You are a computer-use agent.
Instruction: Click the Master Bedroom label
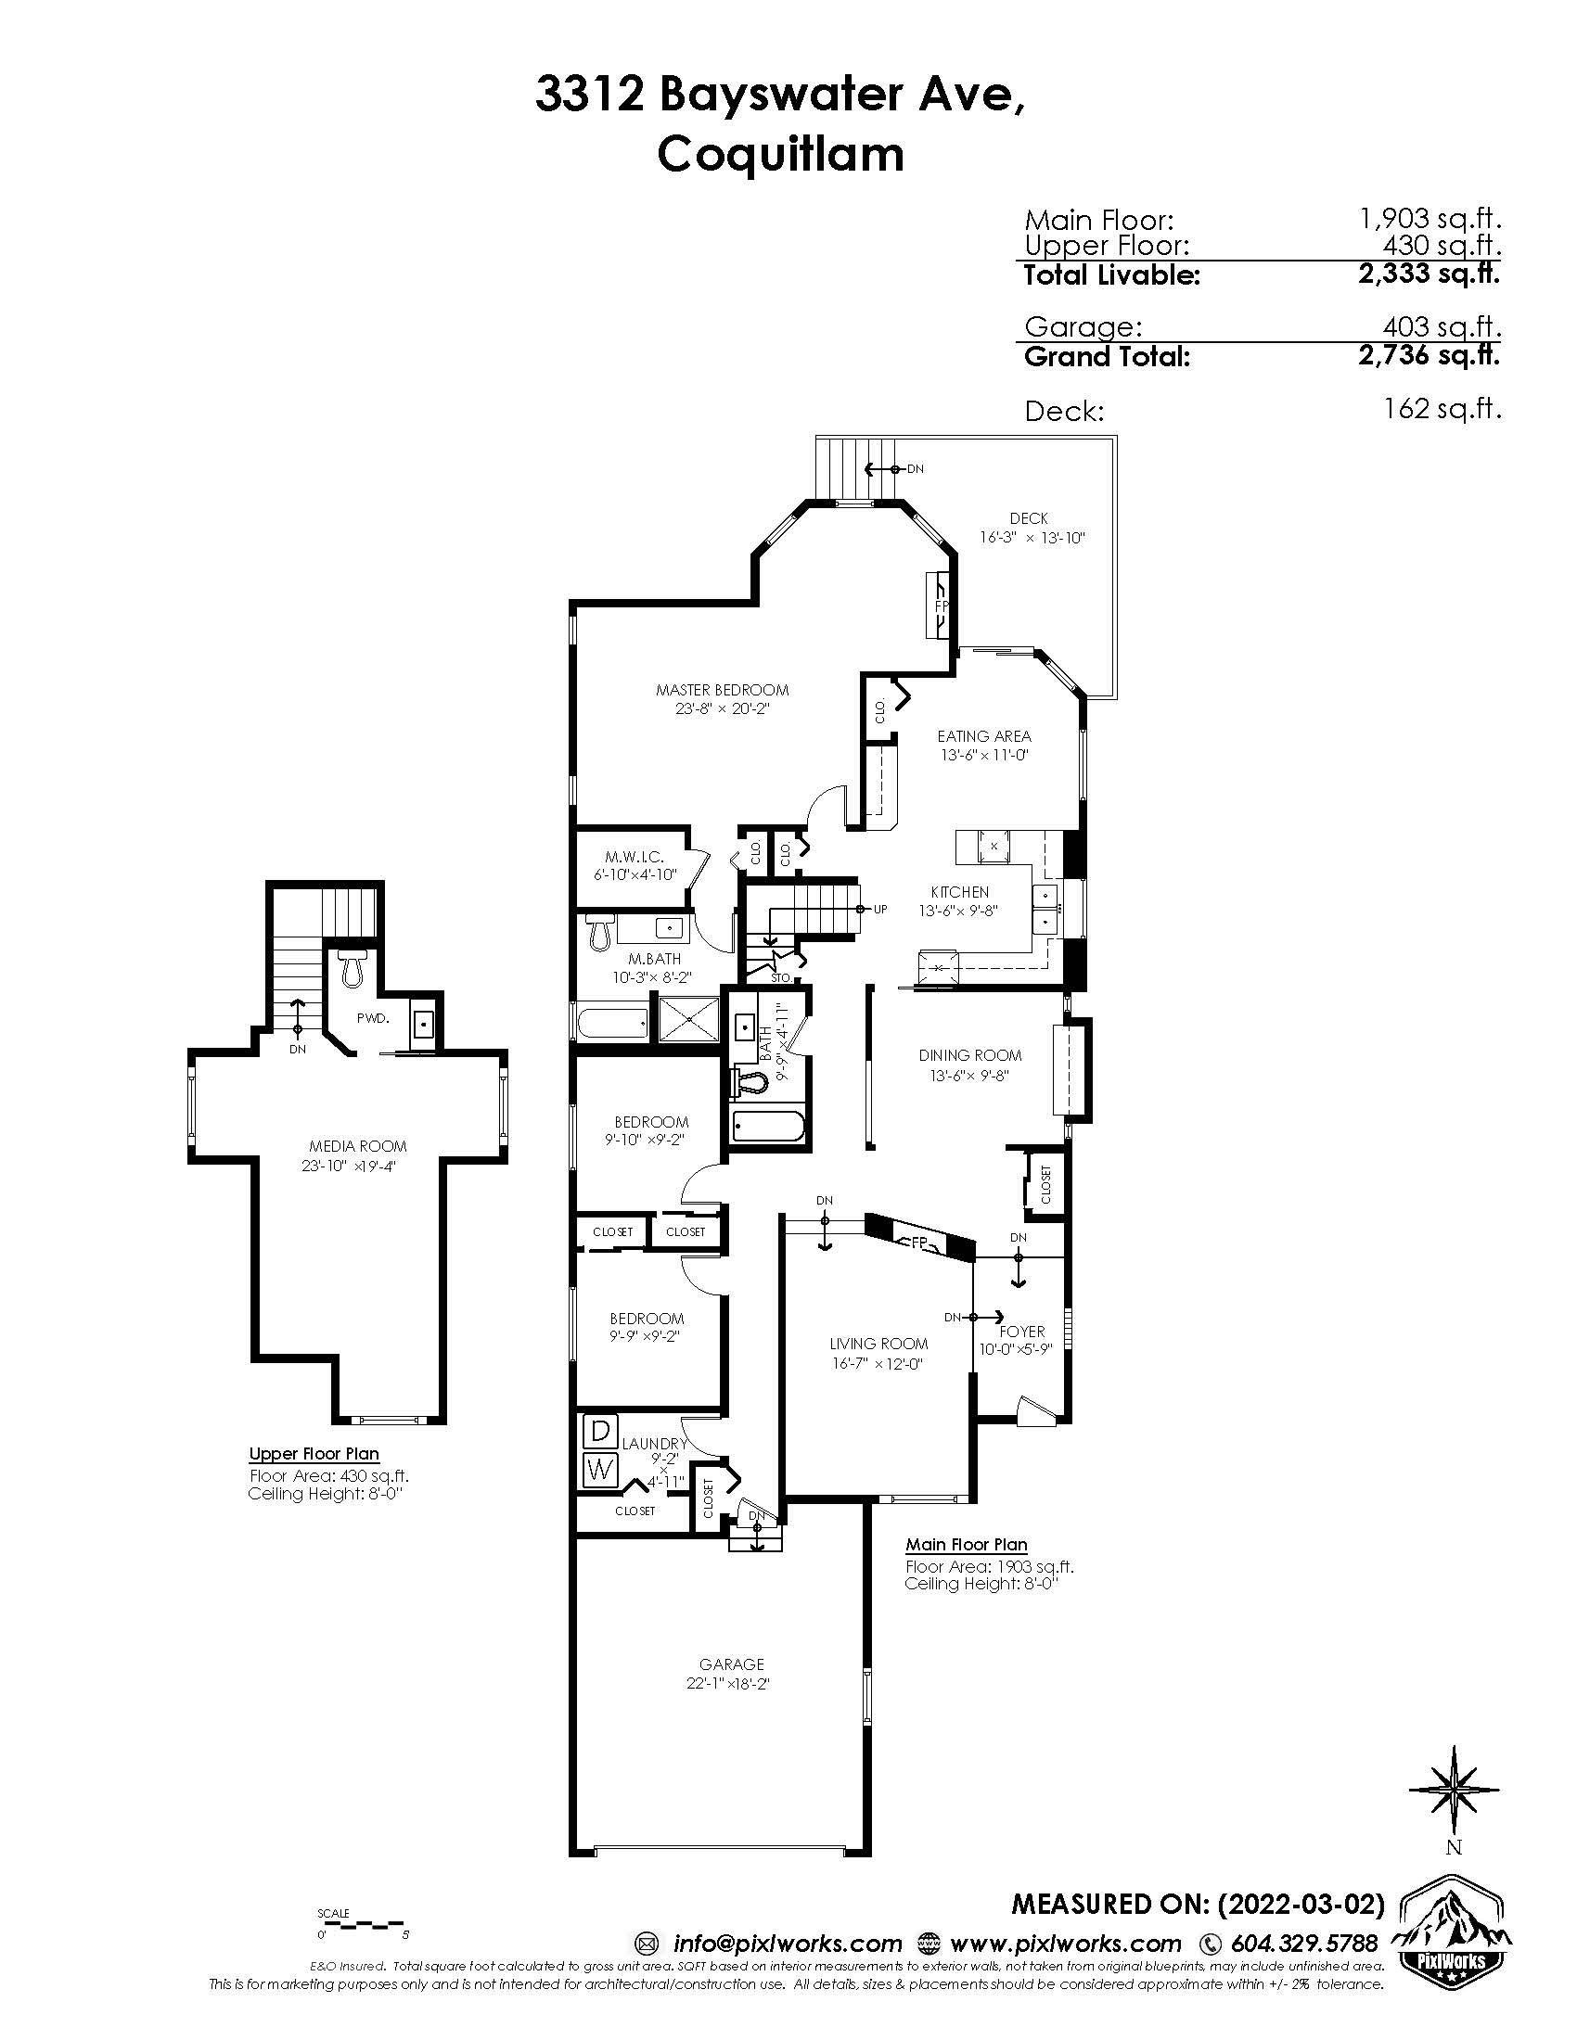pyautogui.click(x=722, y=690)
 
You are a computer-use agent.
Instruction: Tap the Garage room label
pyautogui.click(x=732, y=1664)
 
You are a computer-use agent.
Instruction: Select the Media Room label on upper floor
pyautogui.click(x=358, y=1146)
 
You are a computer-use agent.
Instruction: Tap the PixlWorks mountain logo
pyautogui.click(x=1454, y=1924)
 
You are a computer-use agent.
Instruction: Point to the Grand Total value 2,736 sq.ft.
pyautogui.click(x=1430, y=356)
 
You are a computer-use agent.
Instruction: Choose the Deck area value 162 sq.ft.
pyautogui.click(x=1444, y=410)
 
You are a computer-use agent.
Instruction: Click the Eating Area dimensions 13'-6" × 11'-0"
pyautogui.click(x=983, y=755)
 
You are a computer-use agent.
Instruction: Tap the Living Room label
pyautogui.click(x=878, y=1344)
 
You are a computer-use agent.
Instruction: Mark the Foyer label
pyautogui.click(x=1022, y=1331)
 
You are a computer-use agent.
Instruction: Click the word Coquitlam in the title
pyautogui.click(x=781, y=154)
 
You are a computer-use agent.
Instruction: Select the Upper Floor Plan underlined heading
pyautogui.click(x=314, y=1453)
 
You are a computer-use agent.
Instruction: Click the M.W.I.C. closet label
pyautogui.click(x=635, y=857)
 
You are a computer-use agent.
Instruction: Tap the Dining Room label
pyautogui.click(x=969, y=1055)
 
